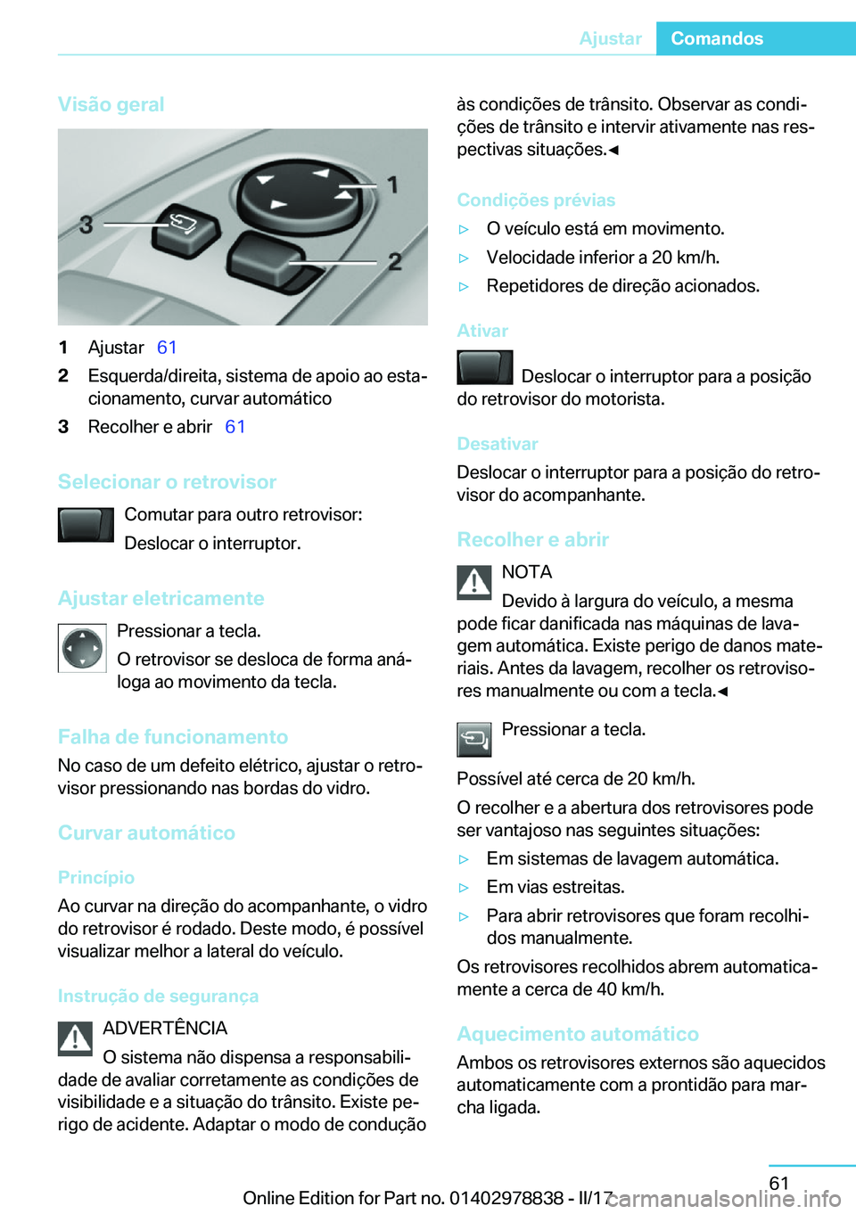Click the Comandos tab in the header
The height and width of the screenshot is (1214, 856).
(717, 38)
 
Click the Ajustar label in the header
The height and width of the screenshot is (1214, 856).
(610, 38)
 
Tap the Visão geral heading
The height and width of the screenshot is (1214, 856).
(111, 104)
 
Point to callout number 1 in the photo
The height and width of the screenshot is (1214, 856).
(391, 185)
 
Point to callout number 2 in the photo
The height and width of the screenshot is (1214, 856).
(394, 262)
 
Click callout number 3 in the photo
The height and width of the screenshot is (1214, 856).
(86, 225)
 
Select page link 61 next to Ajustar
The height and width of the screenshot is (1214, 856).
(167, 348)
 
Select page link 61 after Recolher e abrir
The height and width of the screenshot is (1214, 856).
(235, 427)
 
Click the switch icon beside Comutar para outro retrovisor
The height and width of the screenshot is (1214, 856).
(86, 525)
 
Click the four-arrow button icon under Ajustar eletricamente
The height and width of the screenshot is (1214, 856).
(82, 648)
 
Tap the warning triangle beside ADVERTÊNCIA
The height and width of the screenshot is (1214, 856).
(76, 1038)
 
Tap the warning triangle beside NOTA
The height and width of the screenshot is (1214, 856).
(474, 582)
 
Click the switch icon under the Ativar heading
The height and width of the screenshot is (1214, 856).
(484, 367)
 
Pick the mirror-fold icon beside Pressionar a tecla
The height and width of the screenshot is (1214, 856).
(474, 739)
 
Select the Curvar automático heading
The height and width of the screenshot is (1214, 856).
(146, 833)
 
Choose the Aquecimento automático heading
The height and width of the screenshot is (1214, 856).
(578, 1034)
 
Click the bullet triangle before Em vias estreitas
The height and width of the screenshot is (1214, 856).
(464, 888)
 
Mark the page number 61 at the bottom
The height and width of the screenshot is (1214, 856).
(779, 1183)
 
